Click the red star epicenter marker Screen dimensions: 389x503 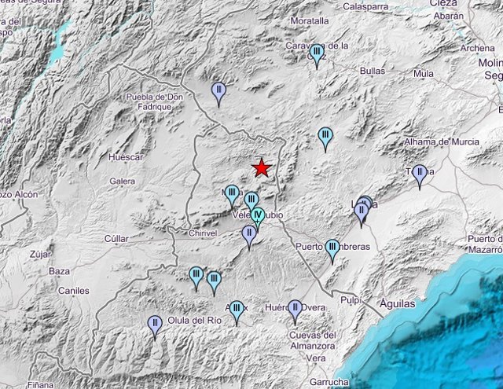261,167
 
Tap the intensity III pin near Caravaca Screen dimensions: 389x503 317,54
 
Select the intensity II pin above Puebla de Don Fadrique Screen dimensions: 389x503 219,92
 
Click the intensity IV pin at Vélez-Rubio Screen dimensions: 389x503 257,216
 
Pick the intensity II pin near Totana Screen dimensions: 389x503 420,174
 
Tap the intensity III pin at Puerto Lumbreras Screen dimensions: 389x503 332,249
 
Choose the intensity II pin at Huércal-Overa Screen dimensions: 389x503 295,309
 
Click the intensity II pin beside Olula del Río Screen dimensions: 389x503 156,324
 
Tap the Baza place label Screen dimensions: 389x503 59,271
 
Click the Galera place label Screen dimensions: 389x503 123,182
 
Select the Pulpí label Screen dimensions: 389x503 350,299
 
